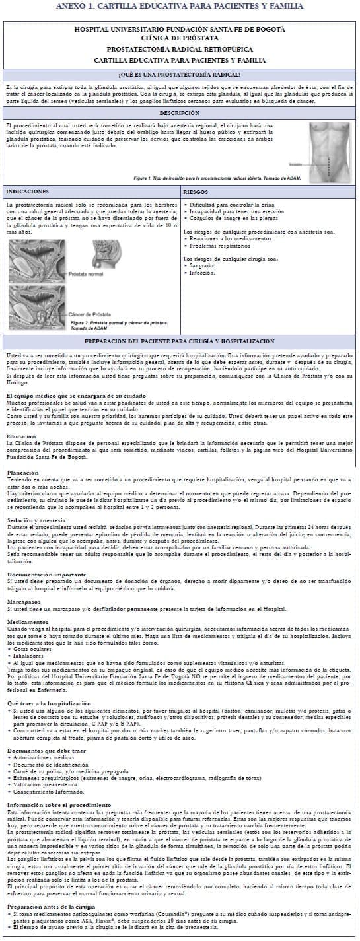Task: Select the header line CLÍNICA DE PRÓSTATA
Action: tap(180, 38)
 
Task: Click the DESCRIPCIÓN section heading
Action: tap(180, 114)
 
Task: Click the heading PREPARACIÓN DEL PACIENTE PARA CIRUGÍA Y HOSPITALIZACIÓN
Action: tap(180, 341)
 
